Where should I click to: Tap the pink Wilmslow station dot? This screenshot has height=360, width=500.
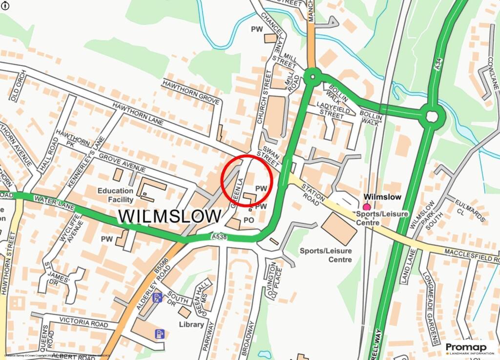coord(367,207)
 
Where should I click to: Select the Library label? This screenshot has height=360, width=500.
coord(191,324)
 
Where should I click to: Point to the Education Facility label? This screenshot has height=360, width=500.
coord(115,195)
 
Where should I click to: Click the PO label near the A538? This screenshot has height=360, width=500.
coord(249,221)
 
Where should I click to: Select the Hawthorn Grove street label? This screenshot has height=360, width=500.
coord(191,91)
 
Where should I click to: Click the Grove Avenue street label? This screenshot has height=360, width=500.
coord(122,163)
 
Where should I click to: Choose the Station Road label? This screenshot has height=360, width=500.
coord(313,193)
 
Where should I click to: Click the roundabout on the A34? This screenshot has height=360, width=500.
coord(432,117)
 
